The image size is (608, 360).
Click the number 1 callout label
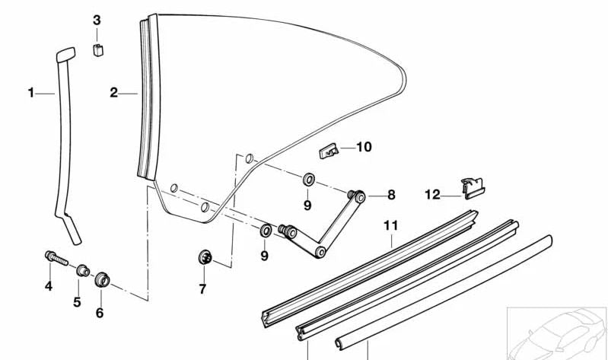coord(31,93)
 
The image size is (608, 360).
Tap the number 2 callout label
coord(113,93)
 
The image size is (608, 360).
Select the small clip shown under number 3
coord(97,51)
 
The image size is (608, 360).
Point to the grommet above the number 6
coord(102,278)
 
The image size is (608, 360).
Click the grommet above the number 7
coord(205,257)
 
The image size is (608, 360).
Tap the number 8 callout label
coord(391,195)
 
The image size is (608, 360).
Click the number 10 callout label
coord(364,146)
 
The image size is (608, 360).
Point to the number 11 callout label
coord(391,226)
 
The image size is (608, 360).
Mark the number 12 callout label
coord(432,195)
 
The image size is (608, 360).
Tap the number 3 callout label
coord(97,20)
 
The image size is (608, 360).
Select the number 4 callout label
coord(48,286)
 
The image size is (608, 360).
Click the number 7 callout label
coord(202,289)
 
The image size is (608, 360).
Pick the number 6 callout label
coord(100,312)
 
